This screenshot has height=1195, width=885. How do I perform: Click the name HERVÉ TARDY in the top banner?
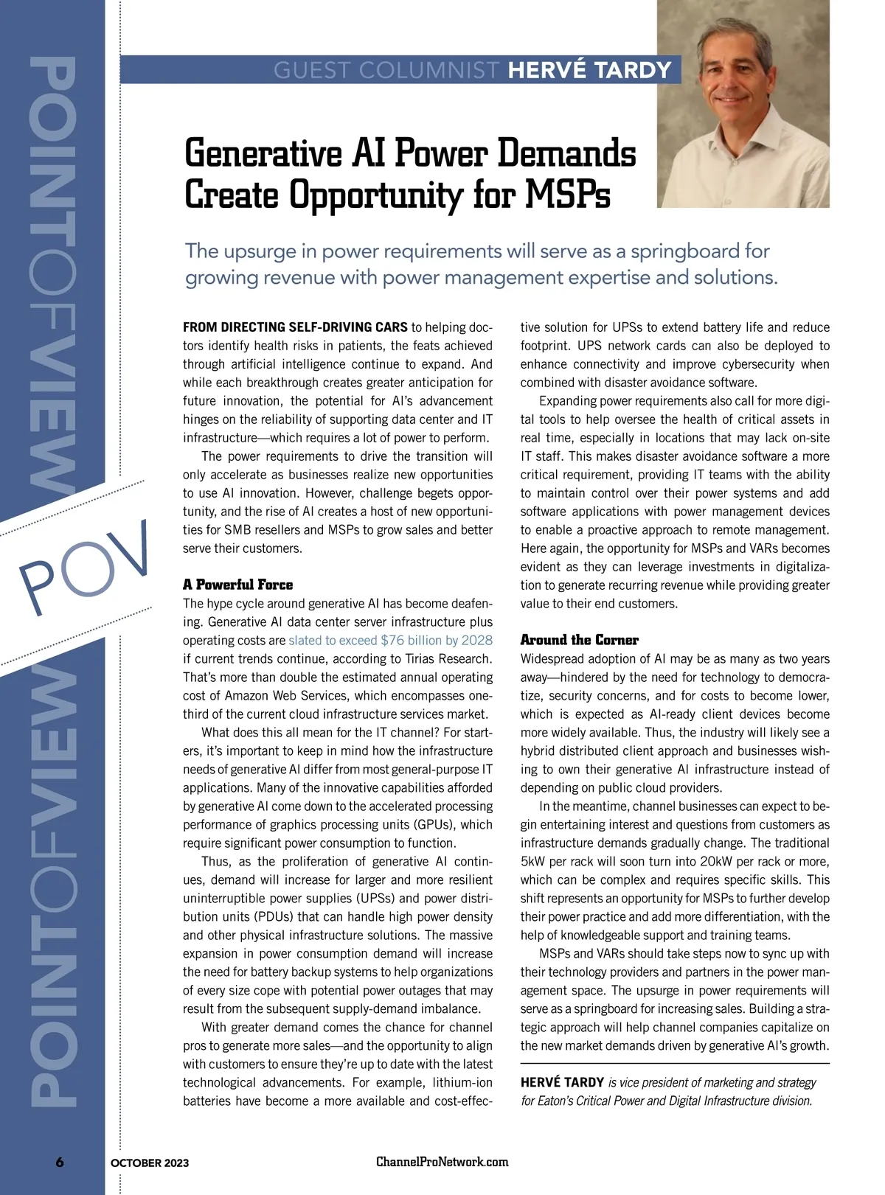590,70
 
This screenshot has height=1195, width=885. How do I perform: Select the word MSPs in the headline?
569,195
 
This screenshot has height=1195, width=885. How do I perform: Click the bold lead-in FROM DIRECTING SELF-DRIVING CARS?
295,327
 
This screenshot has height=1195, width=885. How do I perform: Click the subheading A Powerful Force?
237,585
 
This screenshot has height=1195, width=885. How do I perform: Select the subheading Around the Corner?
579,640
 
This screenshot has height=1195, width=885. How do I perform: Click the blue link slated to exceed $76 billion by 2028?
390,641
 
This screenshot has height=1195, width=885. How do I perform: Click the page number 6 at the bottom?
60,1162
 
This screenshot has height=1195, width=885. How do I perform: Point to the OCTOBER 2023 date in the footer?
150,1163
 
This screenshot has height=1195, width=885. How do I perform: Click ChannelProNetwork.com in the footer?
442,1162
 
